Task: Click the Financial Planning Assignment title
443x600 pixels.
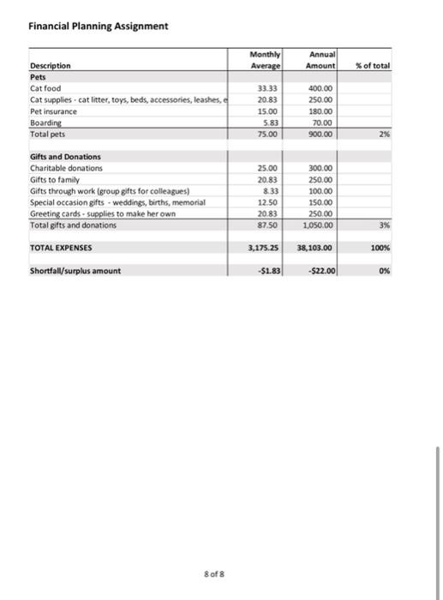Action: click(98, 26)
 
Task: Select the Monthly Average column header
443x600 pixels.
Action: click(256, 58)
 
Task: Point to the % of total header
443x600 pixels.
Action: click(373, 65)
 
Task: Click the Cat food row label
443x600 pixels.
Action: click(45, 87)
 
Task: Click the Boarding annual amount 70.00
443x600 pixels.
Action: click(325, 123)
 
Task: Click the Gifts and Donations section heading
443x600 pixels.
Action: click(65, 157)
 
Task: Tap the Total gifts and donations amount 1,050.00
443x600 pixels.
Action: click(320, 225)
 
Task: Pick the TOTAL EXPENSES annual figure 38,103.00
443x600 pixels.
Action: click(316, 247)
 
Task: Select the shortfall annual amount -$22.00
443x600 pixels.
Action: click(321, 271)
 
